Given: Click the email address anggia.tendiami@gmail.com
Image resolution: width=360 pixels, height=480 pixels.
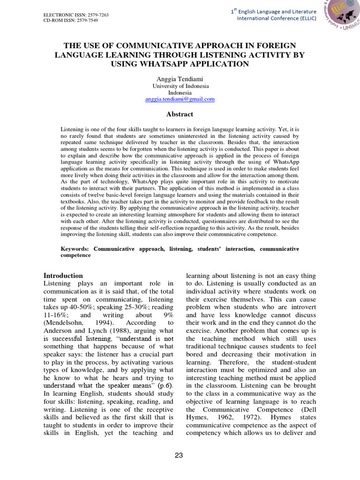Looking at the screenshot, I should tap(180, 99).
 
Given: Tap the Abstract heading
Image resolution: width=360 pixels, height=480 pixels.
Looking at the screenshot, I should tap(180, 114).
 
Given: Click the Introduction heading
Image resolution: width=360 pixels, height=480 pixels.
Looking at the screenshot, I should tap(63, 276).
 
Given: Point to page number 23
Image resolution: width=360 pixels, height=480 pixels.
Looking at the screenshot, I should tap(180, 455).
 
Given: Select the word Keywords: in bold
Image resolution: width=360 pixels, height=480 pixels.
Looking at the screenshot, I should tap(75, 249).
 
